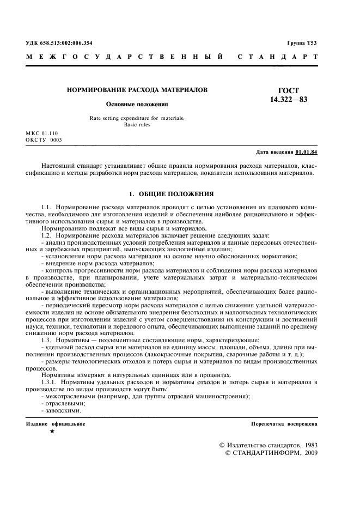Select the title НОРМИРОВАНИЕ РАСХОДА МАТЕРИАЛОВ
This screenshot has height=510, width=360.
tap(137, 89)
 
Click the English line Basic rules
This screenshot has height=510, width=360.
tap(137, 125)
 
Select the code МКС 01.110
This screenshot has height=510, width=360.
tap(41, 133)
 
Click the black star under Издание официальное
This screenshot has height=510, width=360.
tap(52, 432)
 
